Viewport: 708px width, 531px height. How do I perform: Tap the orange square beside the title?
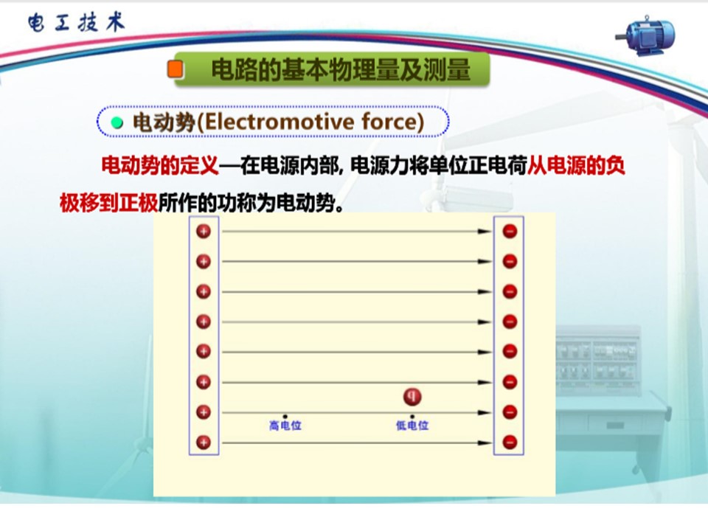tap(176, 69)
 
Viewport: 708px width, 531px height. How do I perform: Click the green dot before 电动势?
tap(117, 122)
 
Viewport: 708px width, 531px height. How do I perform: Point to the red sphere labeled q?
tap(412, 397)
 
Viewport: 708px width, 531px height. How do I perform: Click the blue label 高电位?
tap(285, 426)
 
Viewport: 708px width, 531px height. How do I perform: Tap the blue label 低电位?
tap(412, 426)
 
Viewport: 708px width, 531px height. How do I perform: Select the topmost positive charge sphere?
tap(204, 231)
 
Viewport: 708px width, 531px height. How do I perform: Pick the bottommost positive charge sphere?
tap(204, 442)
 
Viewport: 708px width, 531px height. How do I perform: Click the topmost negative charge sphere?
tap(510, 231)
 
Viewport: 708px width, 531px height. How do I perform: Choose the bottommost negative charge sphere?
tap(510, 442)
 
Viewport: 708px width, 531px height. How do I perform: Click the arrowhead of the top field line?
tap(485, 232)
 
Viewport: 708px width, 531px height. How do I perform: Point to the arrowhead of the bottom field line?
tap(485, 443)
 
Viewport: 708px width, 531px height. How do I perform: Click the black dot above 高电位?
tap(285, 416)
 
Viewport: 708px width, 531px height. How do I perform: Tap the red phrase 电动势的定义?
tap(160, 165)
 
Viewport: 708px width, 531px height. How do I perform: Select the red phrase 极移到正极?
tap(109, 203)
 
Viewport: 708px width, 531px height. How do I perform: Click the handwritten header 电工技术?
tap(76, 22)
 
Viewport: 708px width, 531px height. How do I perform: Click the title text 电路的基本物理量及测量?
tap(341, 70)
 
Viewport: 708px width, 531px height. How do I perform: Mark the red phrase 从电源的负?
tap(576, 165)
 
